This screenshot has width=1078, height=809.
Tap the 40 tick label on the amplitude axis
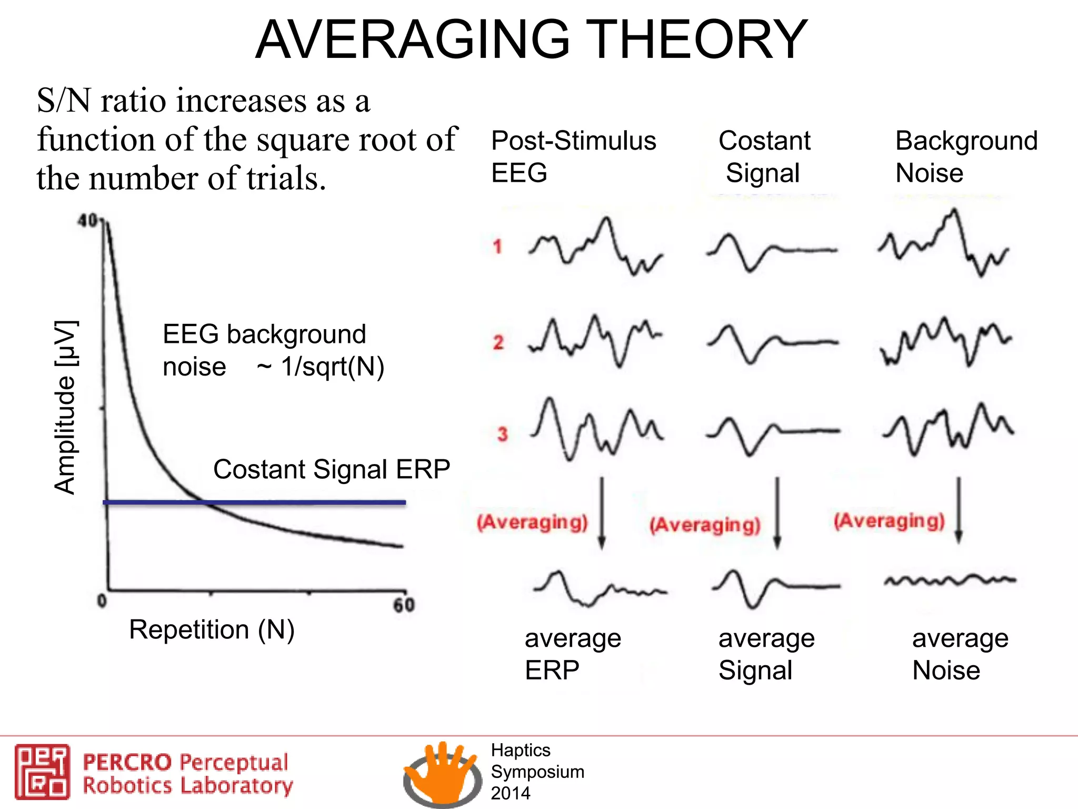click(x=88, y=221)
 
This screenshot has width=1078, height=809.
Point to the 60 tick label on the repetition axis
click(x=404, y=605)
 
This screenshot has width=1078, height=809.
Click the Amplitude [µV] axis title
click(x=66, y=407)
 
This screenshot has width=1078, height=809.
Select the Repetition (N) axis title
click(x=212, y=629)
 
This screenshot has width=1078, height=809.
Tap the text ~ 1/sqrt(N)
click(x=321, y=367)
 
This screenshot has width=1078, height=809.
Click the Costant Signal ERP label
click(x=332, y=469)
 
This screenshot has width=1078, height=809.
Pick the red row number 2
click(x=498, y=343)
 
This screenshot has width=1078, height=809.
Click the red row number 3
click(x=502, y=434)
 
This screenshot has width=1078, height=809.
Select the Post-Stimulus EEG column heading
click(x=573, y=156)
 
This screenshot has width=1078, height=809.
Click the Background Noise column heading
click(x=966, y=156)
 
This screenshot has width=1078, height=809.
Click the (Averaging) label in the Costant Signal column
click(x=705, y=525)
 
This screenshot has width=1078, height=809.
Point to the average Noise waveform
click(x=950, y=580)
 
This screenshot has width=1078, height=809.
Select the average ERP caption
click(x=573, y=654)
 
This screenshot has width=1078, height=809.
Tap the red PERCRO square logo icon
click(x=42, y=772)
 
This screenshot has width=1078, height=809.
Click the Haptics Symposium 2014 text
click(x=537, y=772)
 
